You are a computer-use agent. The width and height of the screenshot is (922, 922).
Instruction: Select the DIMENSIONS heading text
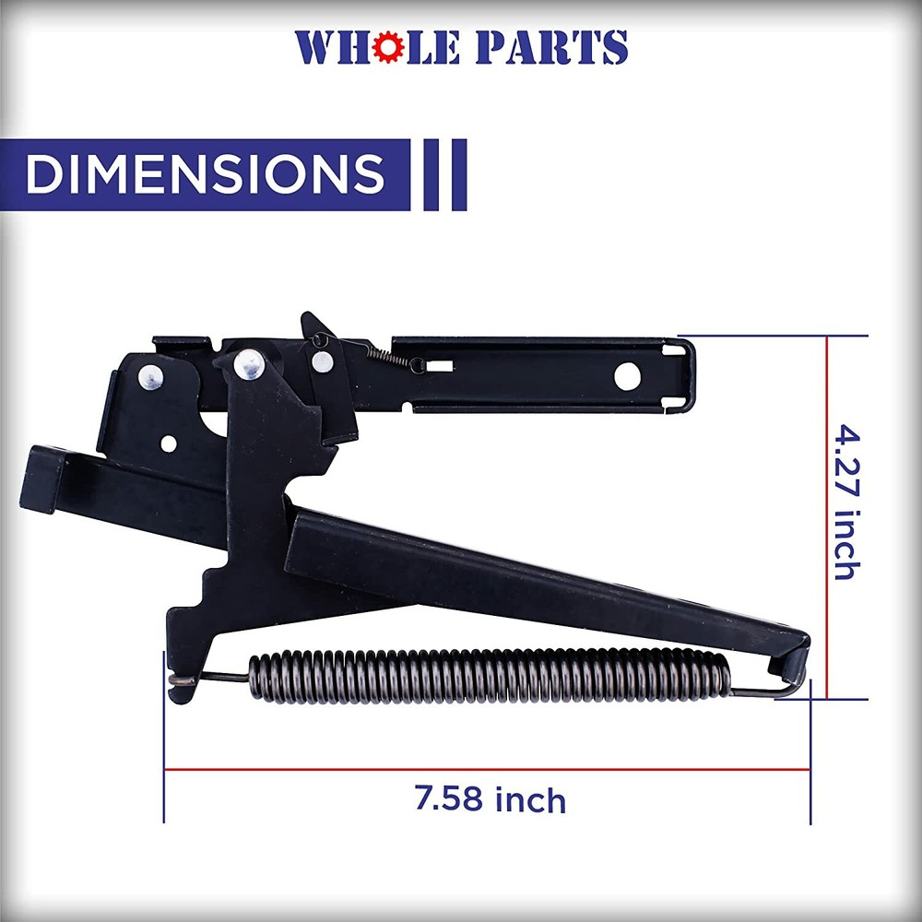click(205, 174)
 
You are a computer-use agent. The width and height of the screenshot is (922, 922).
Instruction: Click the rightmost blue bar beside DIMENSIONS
click(458, 174)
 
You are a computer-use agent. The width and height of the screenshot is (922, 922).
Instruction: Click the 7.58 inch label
click(490, 798)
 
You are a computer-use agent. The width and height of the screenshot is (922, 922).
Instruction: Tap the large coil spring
click(489, 676)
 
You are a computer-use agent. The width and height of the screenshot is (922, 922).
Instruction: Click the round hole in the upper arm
click(628, 375)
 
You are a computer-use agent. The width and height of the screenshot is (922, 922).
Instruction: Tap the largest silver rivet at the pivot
click(249, 364)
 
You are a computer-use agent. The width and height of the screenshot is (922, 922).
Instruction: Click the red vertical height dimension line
click(827, 516)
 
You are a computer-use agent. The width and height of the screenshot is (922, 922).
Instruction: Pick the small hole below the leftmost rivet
click(168, 443)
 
